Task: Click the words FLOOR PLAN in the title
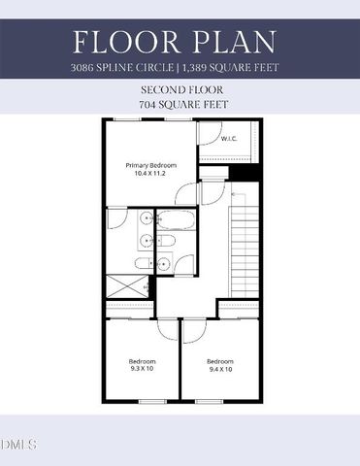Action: click(180, 43)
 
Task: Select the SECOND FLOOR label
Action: click(180, 88)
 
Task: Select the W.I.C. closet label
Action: click(229, 139)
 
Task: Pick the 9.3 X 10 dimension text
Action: click(142, 369)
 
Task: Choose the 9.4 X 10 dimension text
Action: click(220, 369)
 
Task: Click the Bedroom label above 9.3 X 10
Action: click(142, 360)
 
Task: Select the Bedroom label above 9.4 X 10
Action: click(220, 360)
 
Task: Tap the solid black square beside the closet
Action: click(250, 175)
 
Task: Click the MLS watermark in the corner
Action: click(18, 445)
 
